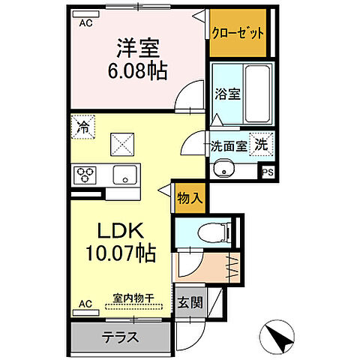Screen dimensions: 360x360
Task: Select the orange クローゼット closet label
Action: pyautogui.click(x=236, y=34)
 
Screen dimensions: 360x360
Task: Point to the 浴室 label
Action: pyautogui.click(x=226, y=95)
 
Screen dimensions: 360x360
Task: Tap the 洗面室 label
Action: pyautogui.click(x=228, y=145)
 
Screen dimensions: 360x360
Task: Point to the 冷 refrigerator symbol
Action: pyautogui.click(x=83, y=126)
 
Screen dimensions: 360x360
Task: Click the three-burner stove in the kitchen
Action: pyautogui.click(x=85, y=176)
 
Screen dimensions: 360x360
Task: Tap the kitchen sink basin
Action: pyautogui.click(x=122, y=176)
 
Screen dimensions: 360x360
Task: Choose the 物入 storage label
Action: pyautogui.click(x=189, y=198)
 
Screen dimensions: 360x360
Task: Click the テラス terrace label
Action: pyautogui.click(x=120, y=337)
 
